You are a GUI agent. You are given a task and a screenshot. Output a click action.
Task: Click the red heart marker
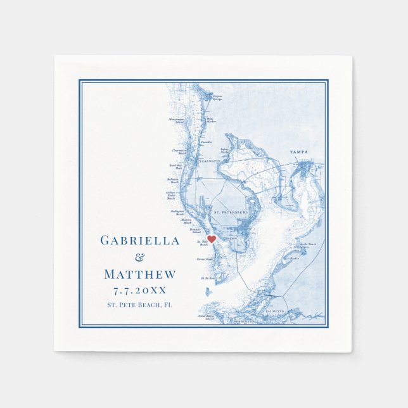pos(212,239)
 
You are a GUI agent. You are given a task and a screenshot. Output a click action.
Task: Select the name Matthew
pos(139,274)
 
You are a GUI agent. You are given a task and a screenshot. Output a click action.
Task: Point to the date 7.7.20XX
pos(139,290)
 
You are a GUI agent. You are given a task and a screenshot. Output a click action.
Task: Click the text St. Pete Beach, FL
pos(139,305)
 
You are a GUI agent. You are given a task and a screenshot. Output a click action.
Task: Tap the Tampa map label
pos(298,152)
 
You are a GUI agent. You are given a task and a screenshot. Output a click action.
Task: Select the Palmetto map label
pos(275,312)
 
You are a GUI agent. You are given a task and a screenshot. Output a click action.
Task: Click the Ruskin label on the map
pos(295,258)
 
